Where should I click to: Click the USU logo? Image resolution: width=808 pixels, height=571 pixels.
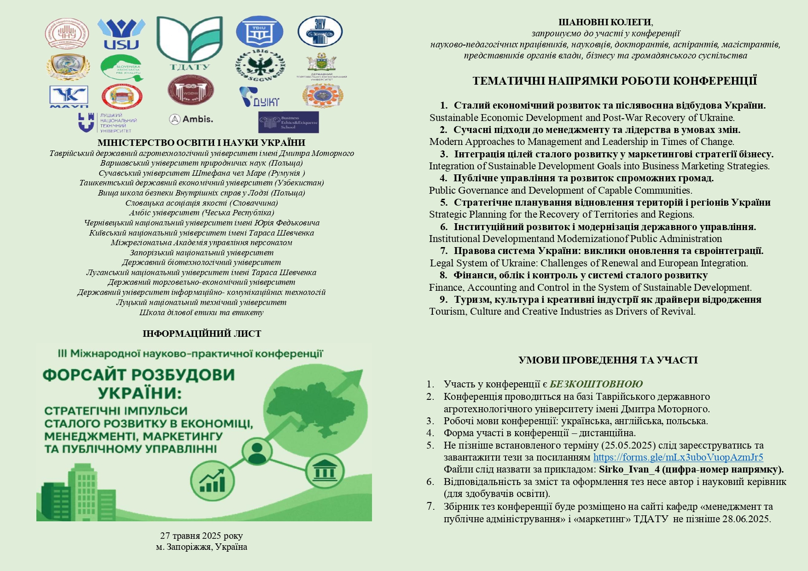tap(121, 34)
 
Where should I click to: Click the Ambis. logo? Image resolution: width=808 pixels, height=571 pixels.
tap(191, 119)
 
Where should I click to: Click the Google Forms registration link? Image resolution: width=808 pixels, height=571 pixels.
tap(678, 457)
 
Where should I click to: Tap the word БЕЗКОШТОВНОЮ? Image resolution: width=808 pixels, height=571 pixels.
tap(596, 384)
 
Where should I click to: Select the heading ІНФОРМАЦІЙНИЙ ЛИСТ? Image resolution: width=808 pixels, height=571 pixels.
tap(202, 334)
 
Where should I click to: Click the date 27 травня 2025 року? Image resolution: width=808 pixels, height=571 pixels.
tap(201, 536)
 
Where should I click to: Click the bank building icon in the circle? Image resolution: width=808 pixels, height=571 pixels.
tap(325, 471)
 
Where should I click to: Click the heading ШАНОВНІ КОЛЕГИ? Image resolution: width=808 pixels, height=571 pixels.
tap(605, 22)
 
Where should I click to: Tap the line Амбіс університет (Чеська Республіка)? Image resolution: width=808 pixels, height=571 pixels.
tap(202, 213)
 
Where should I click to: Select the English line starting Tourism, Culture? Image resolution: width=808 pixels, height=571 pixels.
tap(562, 311)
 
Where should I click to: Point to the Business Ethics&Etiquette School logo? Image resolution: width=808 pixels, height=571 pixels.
tap(288, 122)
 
